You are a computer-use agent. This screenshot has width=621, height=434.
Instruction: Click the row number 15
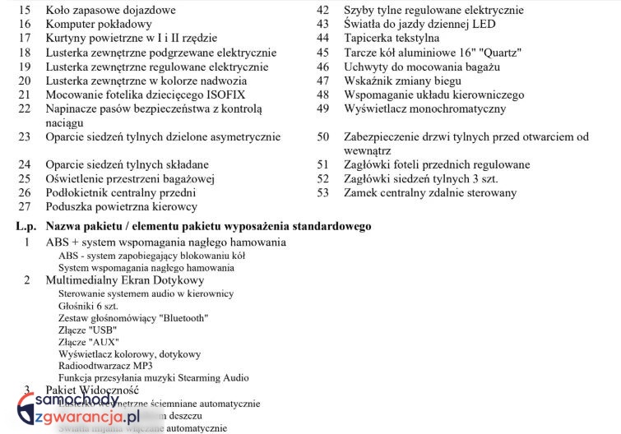tap(25, 11)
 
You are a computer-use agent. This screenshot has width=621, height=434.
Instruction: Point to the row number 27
tap(25, 206)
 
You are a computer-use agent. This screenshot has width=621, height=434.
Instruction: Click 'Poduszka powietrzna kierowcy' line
tap(121, 206)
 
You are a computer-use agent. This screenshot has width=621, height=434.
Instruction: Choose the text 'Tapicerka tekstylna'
tap(392, 39)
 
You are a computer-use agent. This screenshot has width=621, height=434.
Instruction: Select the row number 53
tap(323, 193)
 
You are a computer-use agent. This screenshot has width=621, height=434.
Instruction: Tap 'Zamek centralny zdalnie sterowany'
tap(430, 193)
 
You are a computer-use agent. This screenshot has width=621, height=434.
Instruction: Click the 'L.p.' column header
tap(26, 226)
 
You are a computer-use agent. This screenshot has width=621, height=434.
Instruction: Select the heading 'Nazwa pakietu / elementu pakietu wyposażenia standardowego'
tap(208, 226)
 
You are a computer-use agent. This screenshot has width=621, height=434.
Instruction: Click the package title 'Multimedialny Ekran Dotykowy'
tap(124, 280)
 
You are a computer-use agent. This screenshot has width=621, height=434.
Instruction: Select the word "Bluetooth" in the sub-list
tap(183, 317)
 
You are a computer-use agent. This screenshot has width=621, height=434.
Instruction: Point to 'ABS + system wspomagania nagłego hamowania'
tap(165, 242)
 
